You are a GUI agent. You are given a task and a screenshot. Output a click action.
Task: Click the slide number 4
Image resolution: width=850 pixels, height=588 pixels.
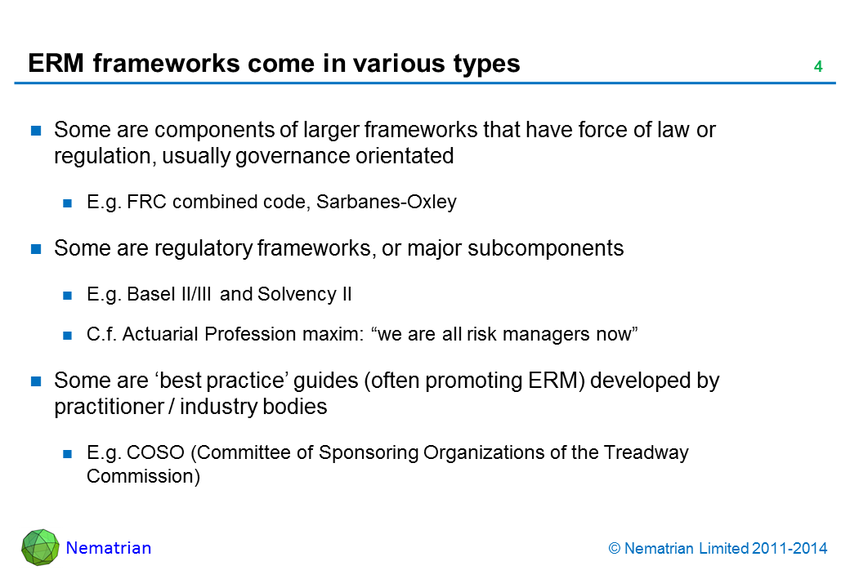click(x=818, y=67)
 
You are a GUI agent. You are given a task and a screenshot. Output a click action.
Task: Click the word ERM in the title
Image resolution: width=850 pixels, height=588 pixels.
click(x=56, y=64)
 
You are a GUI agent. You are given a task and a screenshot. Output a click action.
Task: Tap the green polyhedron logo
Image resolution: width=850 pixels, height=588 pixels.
click(x=40, y=547)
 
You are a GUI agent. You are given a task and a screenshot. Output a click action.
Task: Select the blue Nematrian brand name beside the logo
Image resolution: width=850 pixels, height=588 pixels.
click(x=109, y=548)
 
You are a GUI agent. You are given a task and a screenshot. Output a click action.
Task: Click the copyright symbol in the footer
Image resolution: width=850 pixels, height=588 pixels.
click(x=614, y=549)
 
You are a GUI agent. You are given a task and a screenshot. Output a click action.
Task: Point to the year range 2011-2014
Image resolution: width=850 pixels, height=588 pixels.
click(x=790, y=549)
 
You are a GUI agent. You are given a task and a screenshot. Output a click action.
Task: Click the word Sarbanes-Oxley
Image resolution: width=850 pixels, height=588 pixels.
click(x=387, y=202)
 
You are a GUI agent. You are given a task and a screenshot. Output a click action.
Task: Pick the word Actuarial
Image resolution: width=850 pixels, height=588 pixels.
click(x=160, y=334)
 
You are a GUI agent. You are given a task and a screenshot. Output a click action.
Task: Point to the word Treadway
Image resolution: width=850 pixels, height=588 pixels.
click(x=646, y=453)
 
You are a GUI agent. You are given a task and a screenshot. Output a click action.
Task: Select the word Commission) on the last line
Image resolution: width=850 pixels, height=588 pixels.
click(x=143, y=476)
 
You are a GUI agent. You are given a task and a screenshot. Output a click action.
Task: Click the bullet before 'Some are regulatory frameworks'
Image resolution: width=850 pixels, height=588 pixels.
click(x=36, y=249)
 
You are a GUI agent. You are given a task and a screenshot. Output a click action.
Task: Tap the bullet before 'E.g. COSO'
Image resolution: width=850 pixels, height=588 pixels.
click(x=68, y=454)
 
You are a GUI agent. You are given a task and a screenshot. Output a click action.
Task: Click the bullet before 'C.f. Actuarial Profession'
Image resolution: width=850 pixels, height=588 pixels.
click(x=68, y=336)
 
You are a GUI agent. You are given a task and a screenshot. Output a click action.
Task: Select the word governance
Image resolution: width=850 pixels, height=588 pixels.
click(x=293, y=157)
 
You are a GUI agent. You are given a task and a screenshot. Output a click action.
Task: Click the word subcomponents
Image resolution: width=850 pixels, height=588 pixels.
click(x=545, y=248)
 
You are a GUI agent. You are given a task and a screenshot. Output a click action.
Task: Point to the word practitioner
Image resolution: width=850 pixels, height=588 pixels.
click(x=109, y=407)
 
